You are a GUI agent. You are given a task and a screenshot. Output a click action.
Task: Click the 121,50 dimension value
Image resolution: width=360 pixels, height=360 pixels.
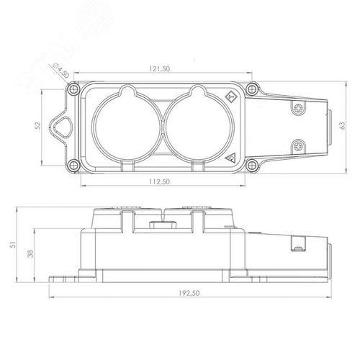[x=159, y=68]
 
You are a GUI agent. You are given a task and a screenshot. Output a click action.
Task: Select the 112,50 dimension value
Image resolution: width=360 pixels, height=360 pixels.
[x=159, y=181]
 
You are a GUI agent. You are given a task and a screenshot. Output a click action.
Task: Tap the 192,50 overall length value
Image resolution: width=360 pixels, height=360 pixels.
[x=189, y=293]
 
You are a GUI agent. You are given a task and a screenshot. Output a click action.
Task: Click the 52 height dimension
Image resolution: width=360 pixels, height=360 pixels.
[x=38, y=126]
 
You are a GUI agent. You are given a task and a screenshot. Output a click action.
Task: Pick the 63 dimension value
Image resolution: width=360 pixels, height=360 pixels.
[x=343, y=125]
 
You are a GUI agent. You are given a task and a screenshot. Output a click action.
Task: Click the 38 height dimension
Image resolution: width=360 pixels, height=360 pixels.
[x=30, y=253]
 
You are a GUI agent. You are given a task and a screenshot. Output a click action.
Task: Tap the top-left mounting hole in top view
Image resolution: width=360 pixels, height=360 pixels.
[x=73, y=89]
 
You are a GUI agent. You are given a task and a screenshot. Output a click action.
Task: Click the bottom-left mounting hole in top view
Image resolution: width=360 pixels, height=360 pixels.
[x=73, y=165]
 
